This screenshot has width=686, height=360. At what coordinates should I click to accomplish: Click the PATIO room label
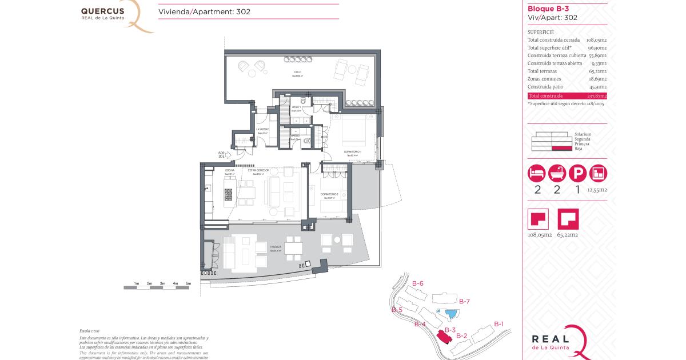[x=297, y=72]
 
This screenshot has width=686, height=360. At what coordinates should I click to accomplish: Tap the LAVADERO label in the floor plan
[x=262, y=130]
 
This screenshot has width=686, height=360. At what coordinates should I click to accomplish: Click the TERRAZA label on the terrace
[x=276, y=247]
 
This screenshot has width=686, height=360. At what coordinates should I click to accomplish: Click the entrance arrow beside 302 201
[x=228, y=154]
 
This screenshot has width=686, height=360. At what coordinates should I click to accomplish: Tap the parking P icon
[x=578, y=173]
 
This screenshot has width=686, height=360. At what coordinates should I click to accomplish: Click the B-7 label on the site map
[x=464, y=301]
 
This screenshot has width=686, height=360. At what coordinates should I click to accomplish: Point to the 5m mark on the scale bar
[x=188, y=283]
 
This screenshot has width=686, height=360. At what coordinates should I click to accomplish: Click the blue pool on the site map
[x=450, y=313]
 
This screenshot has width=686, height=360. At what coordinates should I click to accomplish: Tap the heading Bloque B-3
[x=547, y=9]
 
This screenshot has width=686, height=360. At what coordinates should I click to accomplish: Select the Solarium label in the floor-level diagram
[x=583, y=134]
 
